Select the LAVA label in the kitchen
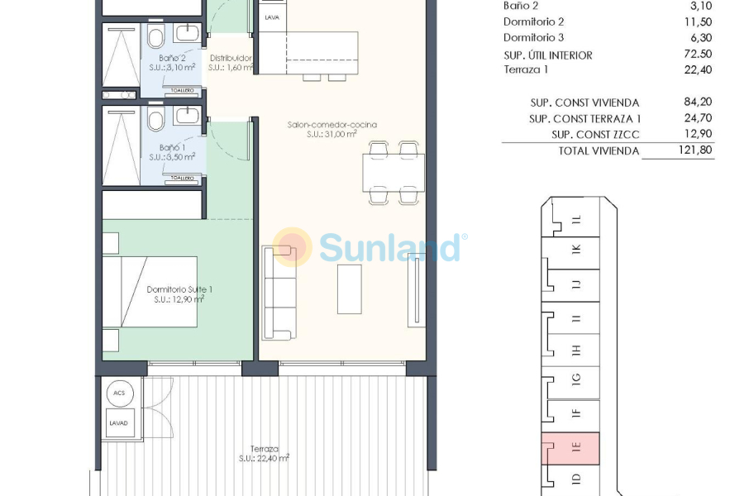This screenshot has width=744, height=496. pos(271,17)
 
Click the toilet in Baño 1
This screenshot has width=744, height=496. pos(155,122)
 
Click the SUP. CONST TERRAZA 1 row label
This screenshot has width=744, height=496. pos(584,118)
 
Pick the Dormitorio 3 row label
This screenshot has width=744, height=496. pos(534,38)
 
